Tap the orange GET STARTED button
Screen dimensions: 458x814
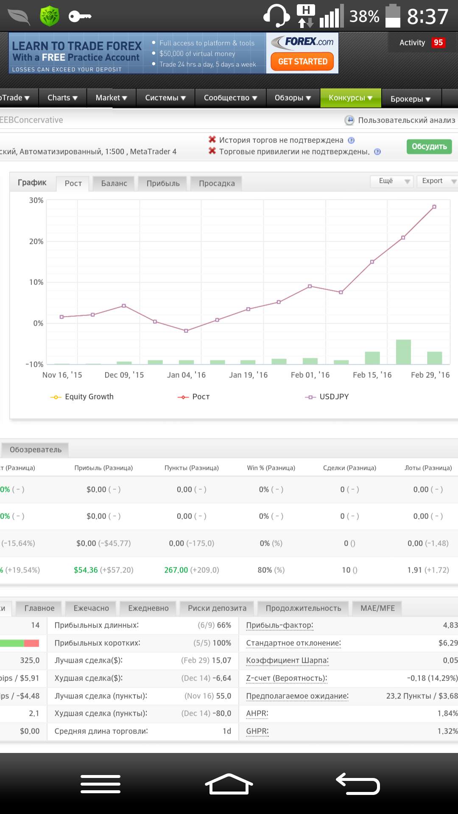coord(302,61)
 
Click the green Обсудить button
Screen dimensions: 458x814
coord(429,147)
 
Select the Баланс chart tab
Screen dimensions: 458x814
coord(114,184)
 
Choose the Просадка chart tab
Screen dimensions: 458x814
coord(217,184)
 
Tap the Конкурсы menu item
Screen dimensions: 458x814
coord(351,98)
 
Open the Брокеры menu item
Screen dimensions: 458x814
coord(411,99)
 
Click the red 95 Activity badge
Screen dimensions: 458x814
coord(438,43)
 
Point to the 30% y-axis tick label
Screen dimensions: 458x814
coord(36,200)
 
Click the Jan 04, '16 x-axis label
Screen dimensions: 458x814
coord(186,375)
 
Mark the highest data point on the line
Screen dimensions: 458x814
coord(434,207)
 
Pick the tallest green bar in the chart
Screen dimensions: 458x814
coord(403,352)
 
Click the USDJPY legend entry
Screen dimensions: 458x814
coord(327,397)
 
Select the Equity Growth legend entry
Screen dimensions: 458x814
coord(82,397)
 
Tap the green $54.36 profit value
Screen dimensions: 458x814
coord(86,570)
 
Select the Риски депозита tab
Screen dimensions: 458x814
coord(217,608)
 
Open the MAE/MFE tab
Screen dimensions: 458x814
coord(377,608)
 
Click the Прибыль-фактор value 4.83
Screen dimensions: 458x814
coord(450,625)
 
